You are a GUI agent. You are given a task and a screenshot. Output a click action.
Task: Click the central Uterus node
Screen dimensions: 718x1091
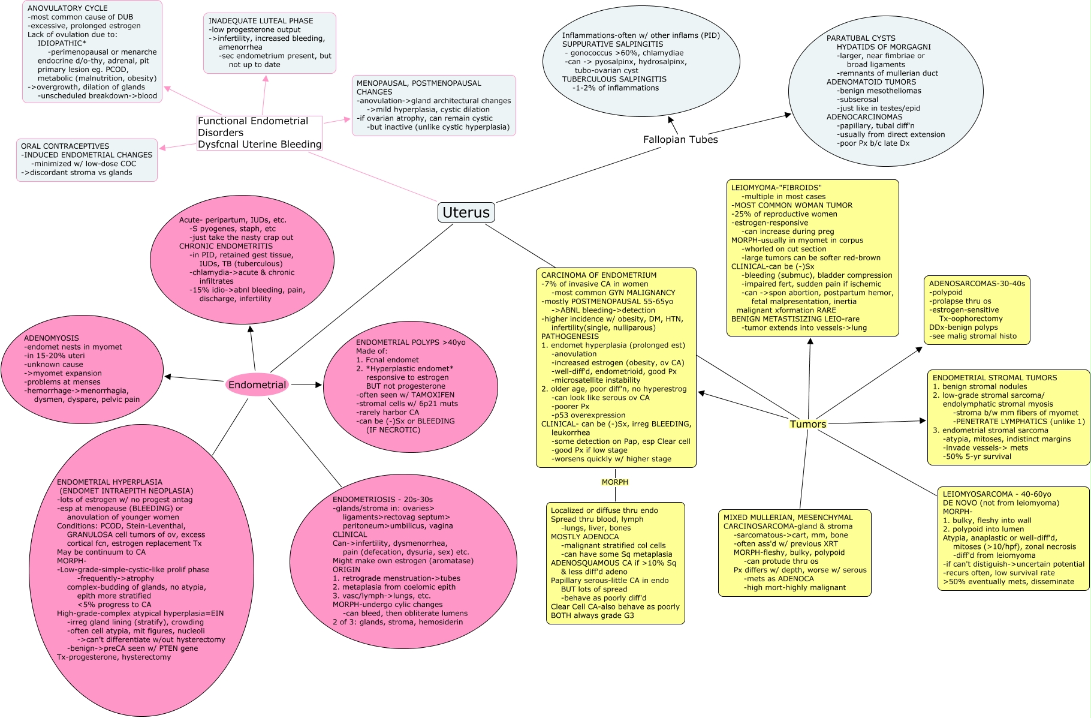466,212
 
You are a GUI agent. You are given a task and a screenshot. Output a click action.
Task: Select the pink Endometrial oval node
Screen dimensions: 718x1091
257,384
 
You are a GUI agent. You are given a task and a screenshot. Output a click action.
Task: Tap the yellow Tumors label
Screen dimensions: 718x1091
807,424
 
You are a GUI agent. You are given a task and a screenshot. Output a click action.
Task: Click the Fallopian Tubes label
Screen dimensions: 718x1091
680,140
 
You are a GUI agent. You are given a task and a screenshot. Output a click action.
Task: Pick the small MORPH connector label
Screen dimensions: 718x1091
614,482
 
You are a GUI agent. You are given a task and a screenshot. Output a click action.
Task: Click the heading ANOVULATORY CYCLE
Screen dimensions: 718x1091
67,8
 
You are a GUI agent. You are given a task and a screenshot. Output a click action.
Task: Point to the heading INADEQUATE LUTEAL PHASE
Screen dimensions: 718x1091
261,21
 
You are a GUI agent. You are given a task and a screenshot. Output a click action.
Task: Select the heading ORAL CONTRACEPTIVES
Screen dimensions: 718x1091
65,146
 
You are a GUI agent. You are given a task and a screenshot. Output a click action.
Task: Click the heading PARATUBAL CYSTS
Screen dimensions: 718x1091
861,38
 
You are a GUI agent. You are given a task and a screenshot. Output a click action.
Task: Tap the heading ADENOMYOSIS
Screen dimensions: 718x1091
52,338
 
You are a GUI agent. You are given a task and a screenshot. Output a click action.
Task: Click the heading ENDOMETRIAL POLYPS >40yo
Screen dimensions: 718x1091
411,343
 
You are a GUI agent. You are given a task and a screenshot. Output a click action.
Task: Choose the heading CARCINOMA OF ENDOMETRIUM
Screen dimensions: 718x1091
599,275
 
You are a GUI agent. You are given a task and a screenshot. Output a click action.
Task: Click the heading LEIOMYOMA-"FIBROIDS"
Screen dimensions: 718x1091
776,188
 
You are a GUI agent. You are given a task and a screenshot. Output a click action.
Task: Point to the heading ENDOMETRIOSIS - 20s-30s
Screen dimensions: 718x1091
382,500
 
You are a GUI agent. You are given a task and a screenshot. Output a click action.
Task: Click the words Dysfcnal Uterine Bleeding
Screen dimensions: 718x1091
260,145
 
